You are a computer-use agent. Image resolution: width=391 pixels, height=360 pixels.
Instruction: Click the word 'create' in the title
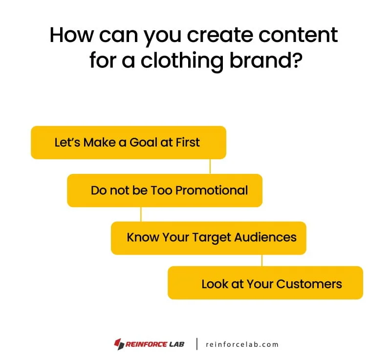[209, 36]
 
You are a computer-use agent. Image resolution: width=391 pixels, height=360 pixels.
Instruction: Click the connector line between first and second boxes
[210, 166]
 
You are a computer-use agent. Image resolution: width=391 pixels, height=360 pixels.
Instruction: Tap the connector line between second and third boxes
[141, 214]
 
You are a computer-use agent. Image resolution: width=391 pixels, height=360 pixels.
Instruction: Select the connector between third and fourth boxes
[262, 260]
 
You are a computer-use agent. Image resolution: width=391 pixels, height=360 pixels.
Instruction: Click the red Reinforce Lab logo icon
[118, 344]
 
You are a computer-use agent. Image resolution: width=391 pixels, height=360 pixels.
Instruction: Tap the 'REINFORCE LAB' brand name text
[155, 344]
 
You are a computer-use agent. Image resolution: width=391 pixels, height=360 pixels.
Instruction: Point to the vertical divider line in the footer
[197, 344]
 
